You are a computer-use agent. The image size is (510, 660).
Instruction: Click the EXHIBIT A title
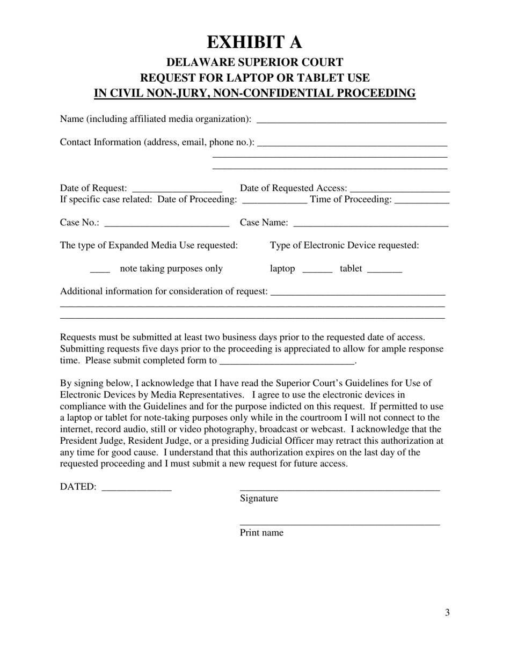pyautogui.click(x=254, y=42)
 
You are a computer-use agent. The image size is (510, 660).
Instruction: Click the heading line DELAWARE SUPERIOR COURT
pyautogui.click(x=254, y=62)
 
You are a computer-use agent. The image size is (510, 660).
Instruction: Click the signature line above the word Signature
pyautogui.click(x=339, y=488)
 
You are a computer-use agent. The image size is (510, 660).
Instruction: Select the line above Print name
pyautogui.click(x=339, y=523)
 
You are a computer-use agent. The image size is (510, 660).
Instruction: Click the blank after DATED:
pyautogui.click(x=136, y=489)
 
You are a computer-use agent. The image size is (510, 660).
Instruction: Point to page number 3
pyautogui.click(x=447, y=613)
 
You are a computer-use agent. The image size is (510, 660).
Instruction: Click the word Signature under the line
pyautogui.click(x=259, y=498)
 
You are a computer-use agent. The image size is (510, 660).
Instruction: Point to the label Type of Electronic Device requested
pyautogui.click(x=344, y=245)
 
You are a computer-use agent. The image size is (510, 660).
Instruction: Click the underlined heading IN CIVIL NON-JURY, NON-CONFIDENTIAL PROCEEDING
pyautogui.click(x=254, y=93)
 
